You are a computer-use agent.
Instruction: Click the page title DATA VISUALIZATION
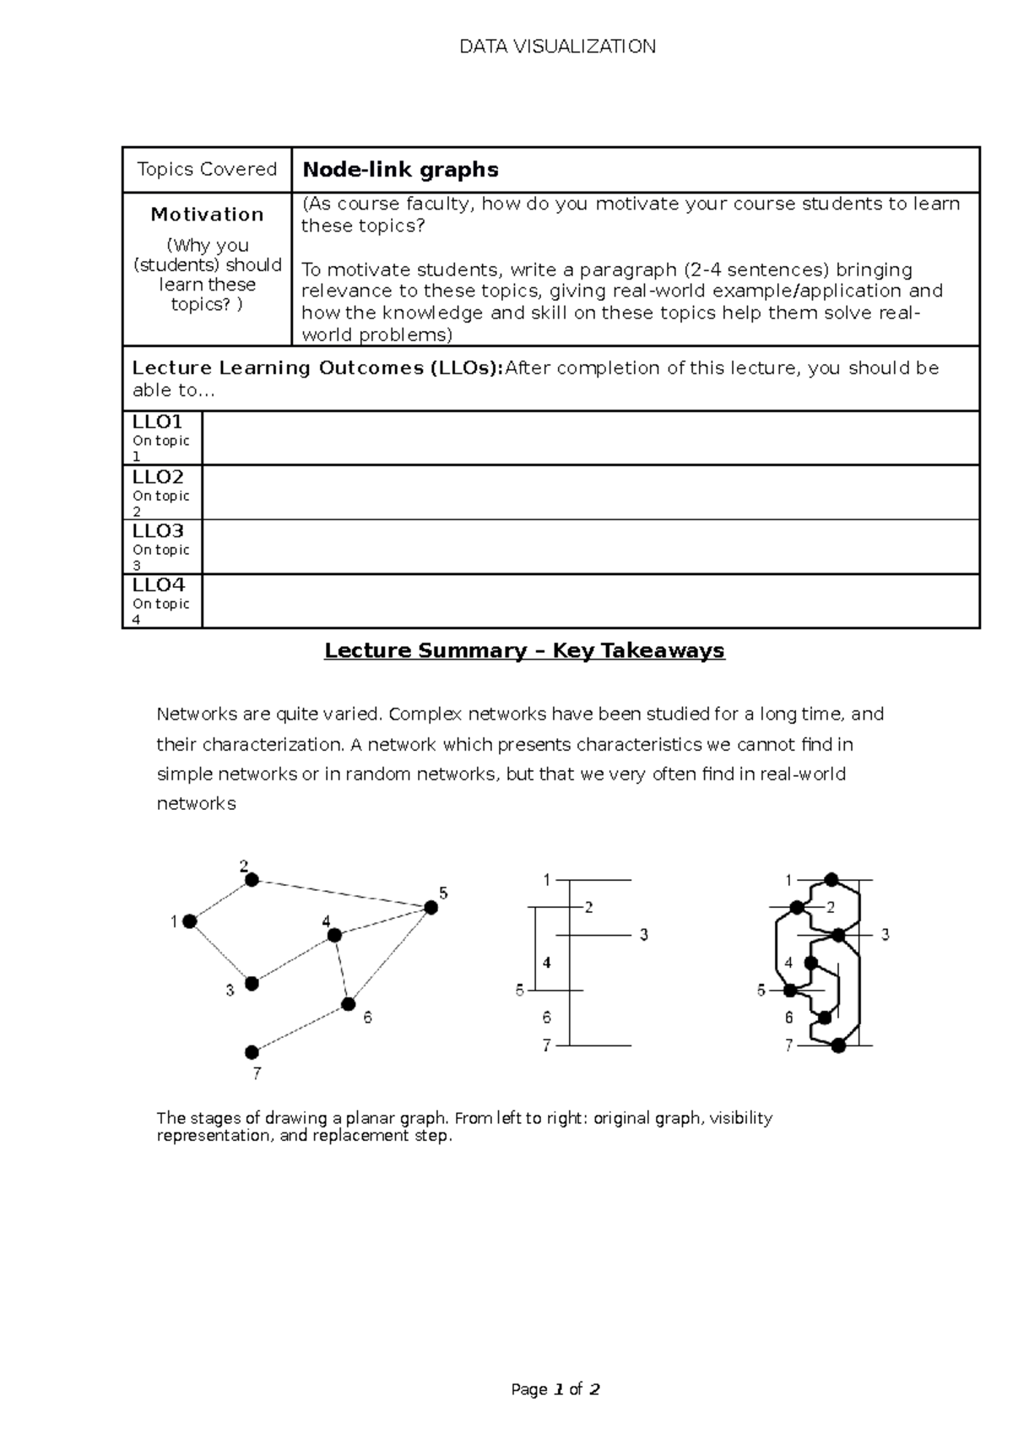tap(557, 46)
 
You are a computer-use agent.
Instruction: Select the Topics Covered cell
tap(207, 169)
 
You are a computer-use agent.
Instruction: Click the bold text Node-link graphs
tap(400, 170)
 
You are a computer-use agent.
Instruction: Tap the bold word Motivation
tap(207, 215)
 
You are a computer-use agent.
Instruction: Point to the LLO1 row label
tap(158, 422)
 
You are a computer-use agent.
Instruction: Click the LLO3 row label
tap(158, 531)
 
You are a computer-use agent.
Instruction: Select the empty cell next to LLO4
tap(591, 601)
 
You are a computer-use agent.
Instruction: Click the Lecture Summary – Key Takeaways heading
tap(524, 650)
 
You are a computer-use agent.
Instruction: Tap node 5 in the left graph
tap(431, 908)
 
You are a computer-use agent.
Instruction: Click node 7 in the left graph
tap(252, 1052)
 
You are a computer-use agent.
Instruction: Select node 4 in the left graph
tap(334, 935)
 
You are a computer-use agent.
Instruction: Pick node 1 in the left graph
tap(190, 921)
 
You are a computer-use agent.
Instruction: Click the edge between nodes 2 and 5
tap(341, 894)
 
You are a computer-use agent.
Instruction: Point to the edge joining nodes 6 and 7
tap(300, 1029)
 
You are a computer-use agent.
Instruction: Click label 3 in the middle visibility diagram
tap(643, 935)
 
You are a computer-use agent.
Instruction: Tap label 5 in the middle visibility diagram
tap(520, 991)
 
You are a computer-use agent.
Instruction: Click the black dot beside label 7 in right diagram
tap(837, 1046)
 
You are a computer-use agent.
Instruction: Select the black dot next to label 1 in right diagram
tap(832, 880)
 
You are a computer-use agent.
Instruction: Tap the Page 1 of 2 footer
tap(555, 1389)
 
